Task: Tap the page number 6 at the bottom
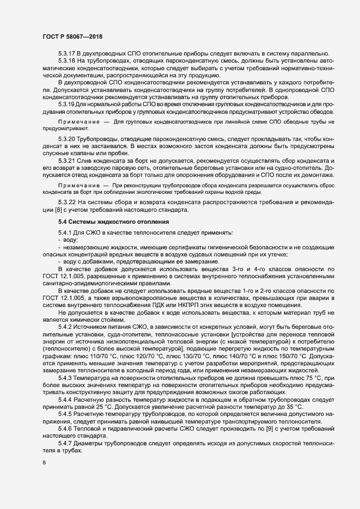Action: click(x=44, y=463)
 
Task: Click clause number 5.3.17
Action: click(x=66, y=53)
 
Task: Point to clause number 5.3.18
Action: click(x=66, y=60)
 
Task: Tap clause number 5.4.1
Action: click(x=65, y=233)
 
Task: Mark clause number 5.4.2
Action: click(x=65, y=326)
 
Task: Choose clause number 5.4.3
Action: click(x=65, y=377)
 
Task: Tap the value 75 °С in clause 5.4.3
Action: click(x=316, y=377)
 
